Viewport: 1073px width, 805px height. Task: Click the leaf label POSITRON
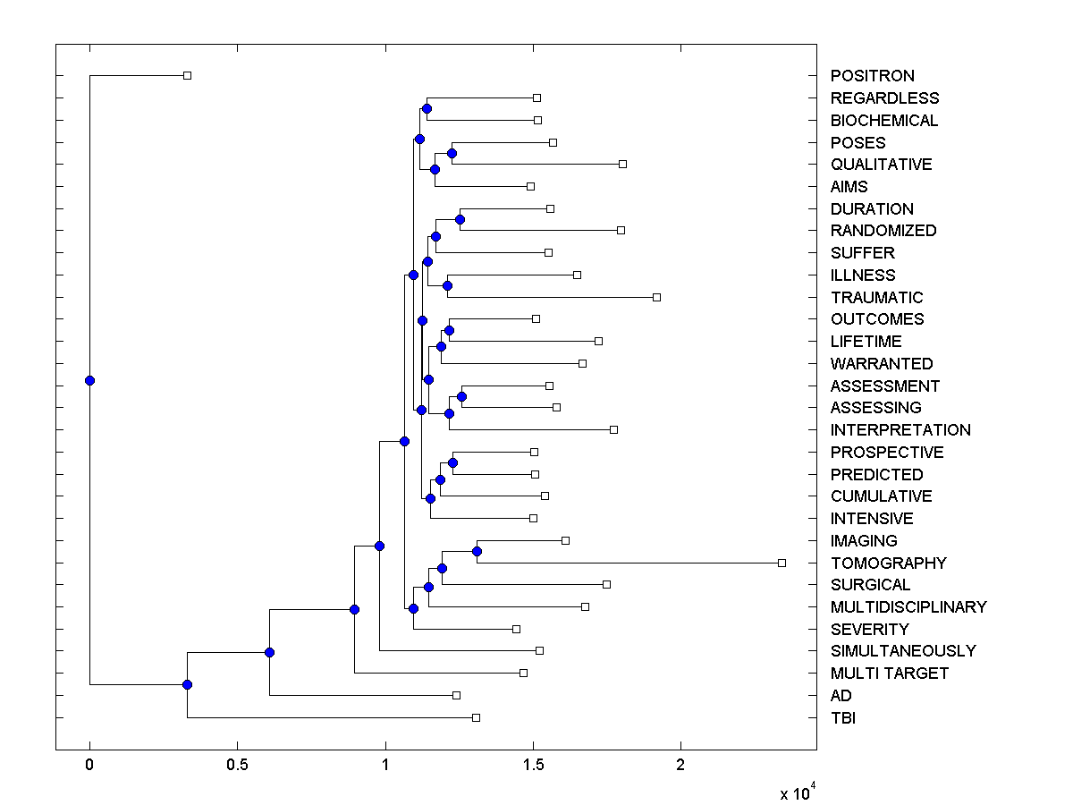[872, 76]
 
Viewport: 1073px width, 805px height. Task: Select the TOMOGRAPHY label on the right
[888, 563]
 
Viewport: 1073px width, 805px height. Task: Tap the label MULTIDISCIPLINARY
[908, 606]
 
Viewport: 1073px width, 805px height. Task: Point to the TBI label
[843, 717]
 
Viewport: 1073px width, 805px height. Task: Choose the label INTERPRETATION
[900, 430]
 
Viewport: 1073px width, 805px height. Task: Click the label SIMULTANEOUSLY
[903, 651]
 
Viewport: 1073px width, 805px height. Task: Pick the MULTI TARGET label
[889, 674]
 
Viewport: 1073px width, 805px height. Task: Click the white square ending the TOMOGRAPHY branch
[782, 563]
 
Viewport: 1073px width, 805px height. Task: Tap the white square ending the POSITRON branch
[187, 76]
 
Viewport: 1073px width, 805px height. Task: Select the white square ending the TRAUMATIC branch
[656, 297]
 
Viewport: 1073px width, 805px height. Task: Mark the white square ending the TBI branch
[476, 717]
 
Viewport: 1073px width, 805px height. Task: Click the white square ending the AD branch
[456, 695]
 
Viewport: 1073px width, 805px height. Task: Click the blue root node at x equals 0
[89, 380]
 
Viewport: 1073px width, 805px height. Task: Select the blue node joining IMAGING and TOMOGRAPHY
[477, 551]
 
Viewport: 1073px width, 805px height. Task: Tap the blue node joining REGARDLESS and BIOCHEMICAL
[427, 108]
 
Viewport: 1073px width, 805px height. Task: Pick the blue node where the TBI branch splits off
[187, 684]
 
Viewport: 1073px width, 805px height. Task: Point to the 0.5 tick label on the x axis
[237, 765]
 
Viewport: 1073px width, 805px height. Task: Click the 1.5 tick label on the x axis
[533, 765]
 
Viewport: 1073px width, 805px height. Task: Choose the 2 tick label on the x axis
[680, 765]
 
